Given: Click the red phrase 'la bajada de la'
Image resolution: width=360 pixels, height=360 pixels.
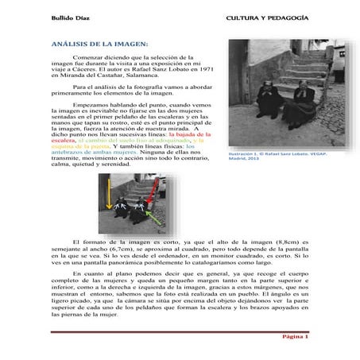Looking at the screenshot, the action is click(188, 136).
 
